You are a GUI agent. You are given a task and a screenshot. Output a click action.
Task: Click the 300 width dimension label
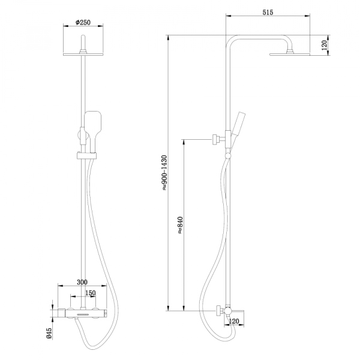(x=82, y=282)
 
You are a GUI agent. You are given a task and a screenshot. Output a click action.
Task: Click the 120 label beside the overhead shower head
(x=325, y=46)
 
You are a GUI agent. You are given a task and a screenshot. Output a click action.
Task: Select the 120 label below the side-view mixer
(x=235, y=322)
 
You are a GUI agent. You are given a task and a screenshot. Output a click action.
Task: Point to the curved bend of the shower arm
(x=230, y=41)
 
